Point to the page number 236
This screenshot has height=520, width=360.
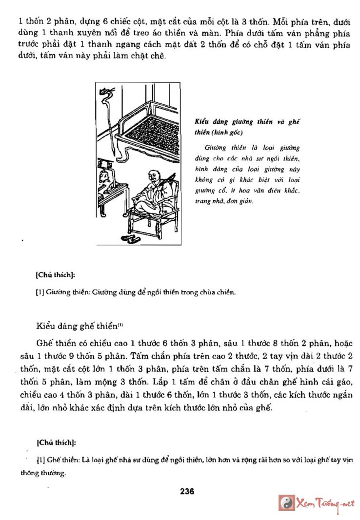187,491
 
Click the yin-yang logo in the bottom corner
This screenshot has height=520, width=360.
287,503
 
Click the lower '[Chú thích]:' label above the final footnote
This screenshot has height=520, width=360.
56,443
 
